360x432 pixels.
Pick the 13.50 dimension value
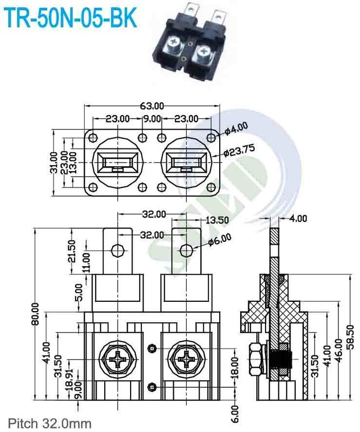tap(217, 220)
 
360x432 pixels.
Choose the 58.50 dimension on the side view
tap(351, 337)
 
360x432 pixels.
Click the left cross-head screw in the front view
tap(118, 359)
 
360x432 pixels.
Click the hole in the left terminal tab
tap(117, 250)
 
